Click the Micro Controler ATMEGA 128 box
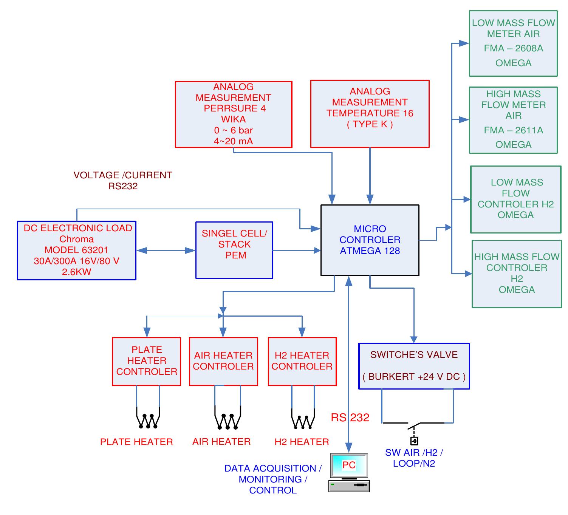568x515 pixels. [x=370, y=240]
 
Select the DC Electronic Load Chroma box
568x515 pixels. [x=76, y=250]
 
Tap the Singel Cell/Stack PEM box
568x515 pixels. [x=234, y=250]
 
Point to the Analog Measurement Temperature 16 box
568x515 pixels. [x=370, y=113]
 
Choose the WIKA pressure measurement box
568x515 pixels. [x=234, y=114]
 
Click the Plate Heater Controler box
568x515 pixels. [x=146, y=361]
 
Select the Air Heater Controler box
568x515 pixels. [x=223, y=361]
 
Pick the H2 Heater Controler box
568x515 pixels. [x=302, y=361]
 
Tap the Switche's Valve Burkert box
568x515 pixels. [x=414, y=366]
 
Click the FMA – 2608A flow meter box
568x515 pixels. [x=513, y=43]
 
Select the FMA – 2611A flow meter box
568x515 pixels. [x=513, y=120]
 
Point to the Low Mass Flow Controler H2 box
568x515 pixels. [x=515, y=199]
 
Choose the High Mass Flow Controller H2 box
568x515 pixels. [x=517, y=274]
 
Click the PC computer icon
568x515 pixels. [x=349, y=472]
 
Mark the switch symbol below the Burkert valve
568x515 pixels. [x=414, y=431]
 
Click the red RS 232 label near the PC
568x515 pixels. [x=350, y=418]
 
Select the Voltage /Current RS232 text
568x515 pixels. [x=123, y=181]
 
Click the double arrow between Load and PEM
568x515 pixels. [x=166, y=250]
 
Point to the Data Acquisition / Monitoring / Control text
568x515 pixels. [x=273, y=479]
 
